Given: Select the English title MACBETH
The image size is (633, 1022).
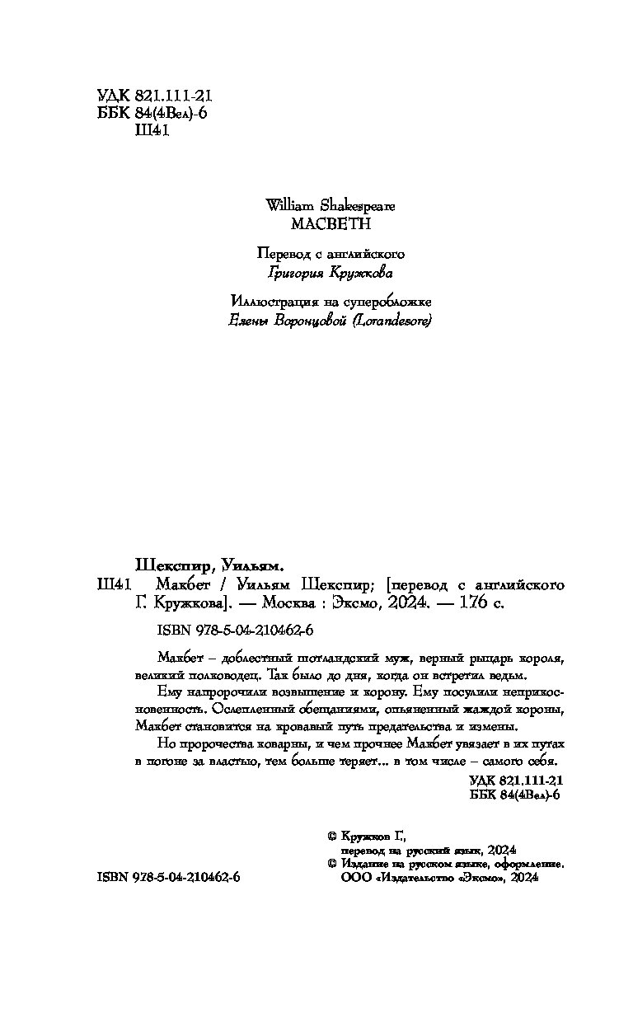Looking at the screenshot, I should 316,223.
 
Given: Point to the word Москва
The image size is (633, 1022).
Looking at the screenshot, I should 290,603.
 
